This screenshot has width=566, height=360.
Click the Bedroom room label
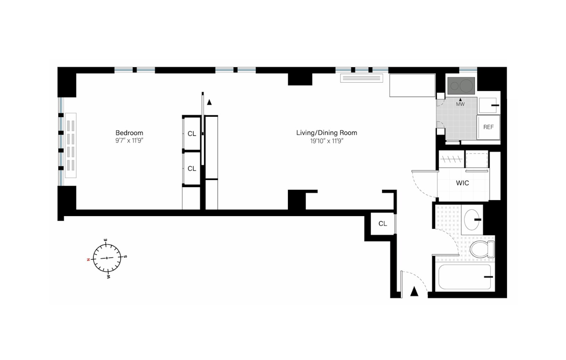(x=129, y=133)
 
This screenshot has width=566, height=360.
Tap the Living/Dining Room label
(x=327, y=133)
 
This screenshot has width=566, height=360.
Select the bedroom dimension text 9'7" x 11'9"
(x=129, y=141)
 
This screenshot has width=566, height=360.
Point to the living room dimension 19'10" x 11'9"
(x=327, y=141)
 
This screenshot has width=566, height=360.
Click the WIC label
(x=462, y=183)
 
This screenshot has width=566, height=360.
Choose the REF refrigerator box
(x=488, y=127)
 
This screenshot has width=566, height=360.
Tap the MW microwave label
(x=460, y=104)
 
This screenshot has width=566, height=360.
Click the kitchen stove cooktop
(x=461, y=86)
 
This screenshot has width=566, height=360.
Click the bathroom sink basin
(x=472, y=220)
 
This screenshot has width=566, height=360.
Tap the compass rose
(x=107, y=258)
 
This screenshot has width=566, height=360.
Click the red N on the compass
(x=88, y=260)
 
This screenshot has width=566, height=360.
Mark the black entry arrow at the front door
(x=414, y=292)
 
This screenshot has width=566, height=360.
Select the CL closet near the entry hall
(x=382, y=223)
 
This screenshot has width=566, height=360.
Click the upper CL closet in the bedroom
(x=192, y=134)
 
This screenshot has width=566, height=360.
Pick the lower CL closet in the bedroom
(x=192, y=169)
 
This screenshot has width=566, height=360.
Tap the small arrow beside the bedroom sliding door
(x=209, y=102)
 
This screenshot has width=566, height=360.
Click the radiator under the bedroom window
(x=70, y=145)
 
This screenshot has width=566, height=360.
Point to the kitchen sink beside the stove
(x=488, y=105)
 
